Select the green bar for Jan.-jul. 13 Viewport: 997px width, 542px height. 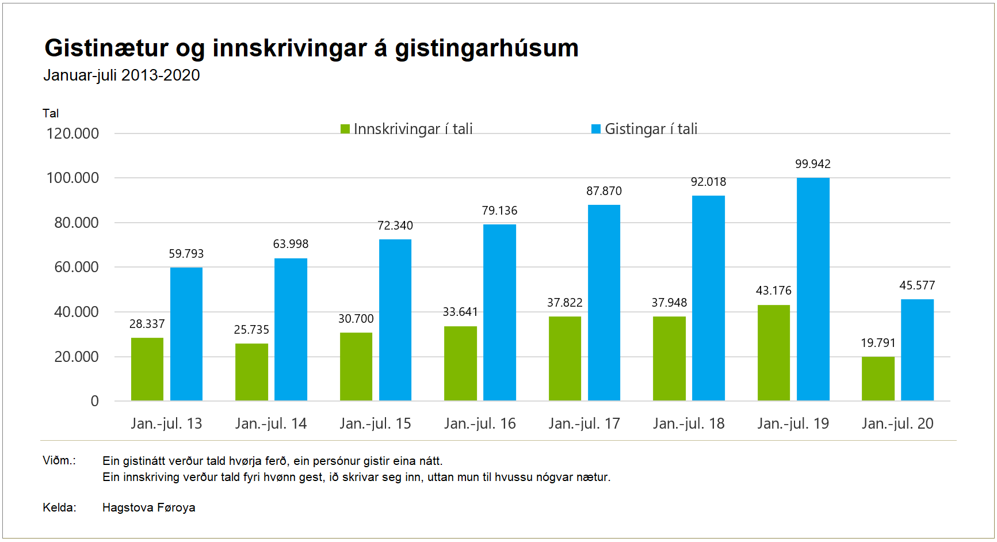click(x=147, y=369)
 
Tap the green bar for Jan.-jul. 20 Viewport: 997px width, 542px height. click(x=878, y=379)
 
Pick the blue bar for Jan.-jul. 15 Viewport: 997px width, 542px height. click(x=395, y=320)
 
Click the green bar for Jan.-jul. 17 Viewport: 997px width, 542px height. click(x=565, y=358)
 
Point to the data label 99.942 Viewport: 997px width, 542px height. click(x=813, y=164)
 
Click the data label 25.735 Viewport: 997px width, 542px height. click(x=251, y=330)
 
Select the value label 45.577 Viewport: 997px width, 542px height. click(x=917, y=285)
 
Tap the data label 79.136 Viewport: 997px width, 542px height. click(x=499, y=211)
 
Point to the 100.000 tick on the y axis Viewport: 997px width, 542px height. click(x=72, y=178)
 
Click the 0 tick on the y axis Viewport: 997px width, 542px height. click(x=95, y=401)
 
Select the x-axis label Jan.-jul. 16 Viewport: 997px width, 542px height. click(x=480, y=424)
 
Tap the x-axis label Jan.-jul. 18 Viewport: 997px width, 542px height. click(x=689, y=424)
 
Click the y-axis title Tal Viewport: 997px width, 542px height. click(x=51, y=113)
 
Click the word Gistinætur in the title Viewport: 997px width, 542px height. click(x=106, y=48)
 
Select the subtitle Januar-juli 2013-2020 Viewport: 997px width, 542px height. click(x=121, y=75)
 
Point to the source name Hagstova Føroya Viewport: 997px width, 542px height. click(x=148, y=507)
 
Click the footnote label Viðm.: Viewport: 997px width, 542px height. click(x=59, y=460)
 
